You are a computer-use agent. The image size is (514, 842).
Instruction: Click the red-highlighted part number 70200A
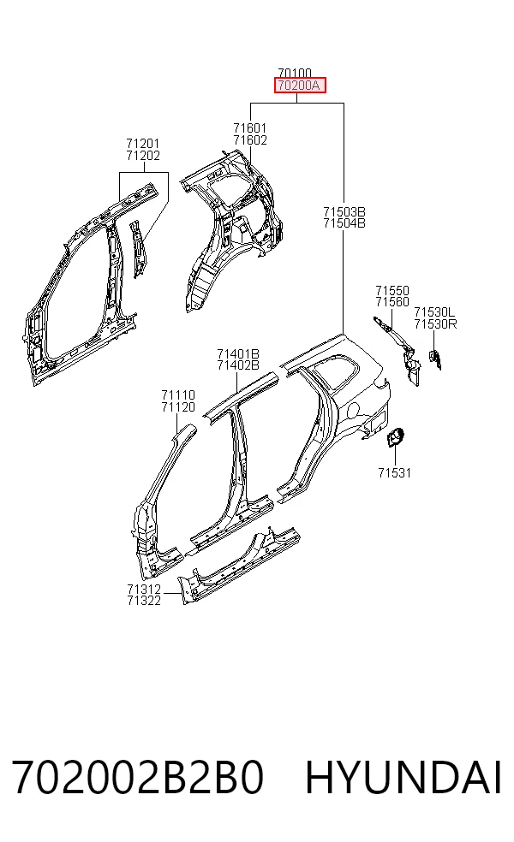click(300, 86)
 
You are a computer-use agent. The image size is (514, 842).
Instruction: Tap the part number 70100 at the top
click(295, 73)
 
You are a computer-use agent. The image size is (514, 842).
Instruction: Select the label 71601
click(250, 128)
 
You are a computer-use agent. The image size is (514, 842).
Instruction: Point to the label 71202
click(143, 156)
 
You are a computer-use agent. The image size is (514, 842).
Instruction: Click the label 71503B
click(344, 211)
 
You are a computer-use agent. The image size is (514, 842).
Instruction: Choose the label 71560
click(392, 302)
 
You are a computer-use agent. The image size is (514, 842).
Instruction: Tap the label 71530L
click(434, 312)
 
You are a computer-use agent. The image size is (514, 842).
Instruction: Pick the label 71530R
click(435, 323)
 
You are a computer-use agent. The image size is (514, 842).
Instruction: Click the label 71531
click(395, 473)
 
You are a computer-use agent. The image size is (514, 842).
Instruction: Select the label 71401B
click(238, 354)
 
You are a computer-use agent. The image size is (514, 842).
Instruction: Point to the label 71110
click(178, 396)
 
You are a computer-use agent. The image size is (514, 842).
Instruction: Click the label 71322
click(144, 601)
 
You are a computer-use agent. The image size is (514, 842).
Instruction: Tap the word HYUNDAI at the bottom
click(403, 778)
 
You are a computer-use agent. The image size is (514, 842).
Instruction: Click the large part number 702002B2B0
click(138, 778)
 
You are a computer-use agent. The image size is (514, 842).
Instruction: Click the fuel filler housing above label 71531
click(395, 436)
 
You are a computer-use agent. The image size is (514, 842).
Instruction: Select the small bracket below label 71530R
click(435, 359)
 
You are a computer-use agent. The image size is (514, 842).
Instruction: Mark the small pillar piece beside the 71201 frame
click(138, 247)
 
